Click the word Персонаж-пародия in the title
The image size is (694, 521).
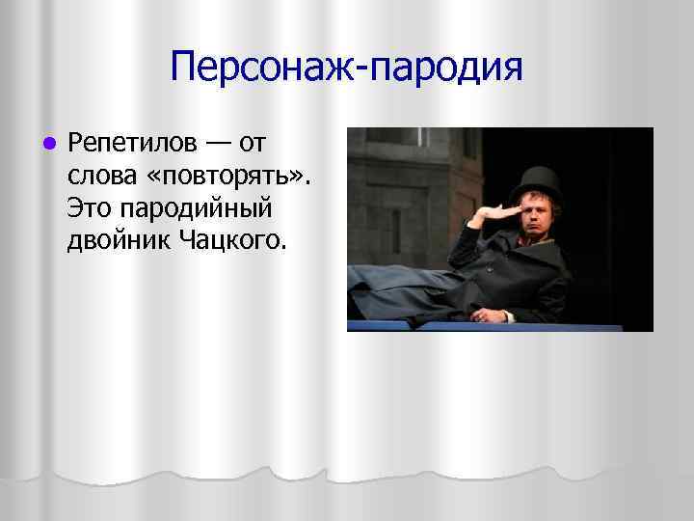pyautogui.click(x=346, y=69)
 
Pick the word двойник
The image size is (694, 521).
pyautogui.click(x=120, y=237)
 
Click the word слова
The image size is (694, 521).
pyautogui.click(x=98, y=176)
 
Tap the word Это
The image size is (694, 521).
pyautogui.click(x=89, y=206)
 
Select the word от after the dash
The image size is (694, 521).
pyautogui.click(x=252, y=145)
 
